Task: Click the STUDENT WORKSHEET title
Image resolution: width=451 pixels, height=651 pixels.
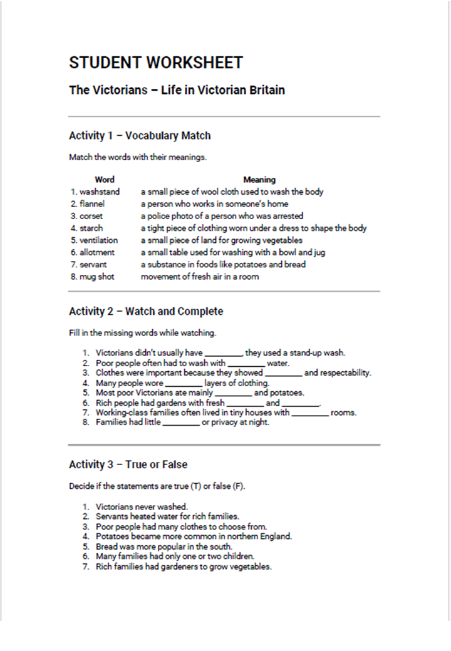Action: coord(156,63)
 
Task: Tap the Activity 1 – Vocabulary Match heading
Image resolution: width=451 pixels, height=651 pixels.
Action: coord(140,135)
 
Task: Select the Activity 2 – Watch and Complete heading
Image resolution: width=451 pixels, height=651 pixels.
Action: coord(146,311)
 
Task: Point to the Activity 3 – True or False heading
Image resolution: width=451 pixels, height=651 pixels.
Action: coord(128,464)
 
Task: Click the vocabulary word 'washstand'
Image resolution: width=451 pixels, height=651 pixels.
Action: coord(100,192)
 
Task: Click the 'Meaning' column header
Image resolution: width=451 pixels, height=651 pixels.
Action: coord(259,180)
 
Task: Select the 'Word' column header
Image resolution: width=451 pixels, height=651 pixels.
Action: coord(105,180)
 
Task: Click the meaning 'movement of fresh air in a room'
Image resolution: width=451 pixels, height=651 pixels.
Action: coord(200,277)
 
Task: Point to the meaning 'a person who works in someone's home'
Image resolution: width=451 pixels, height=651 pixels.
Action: coord(214,204)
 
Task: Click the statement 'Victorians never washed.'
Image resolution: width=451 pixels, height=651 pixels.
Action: coord(142,506)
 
